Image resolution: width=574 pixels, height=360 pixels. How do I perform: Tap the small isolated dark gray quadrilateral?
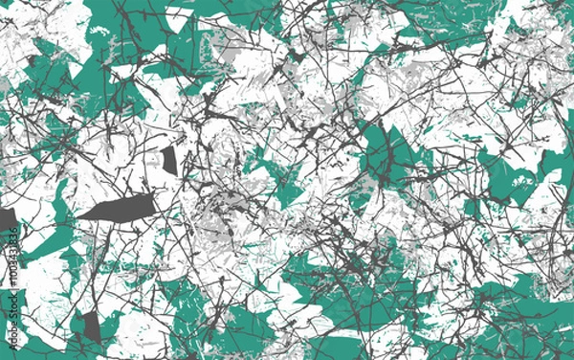[169, 160]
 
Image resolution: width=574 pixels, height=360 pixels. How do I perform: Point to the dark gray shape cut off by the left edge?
[6, 221]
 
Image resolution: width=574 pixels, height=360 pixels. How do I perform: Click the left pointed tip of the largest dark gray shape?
[78, 216]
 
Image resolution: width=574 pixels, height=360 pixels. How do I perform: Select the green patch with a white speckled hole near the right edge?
[507, 177]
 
